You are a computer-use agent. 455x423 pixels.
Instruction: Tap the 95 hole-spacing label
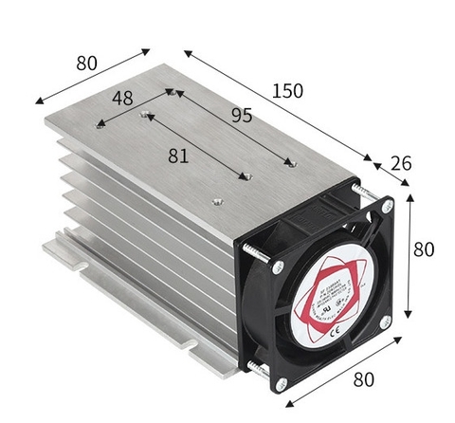[242, 116]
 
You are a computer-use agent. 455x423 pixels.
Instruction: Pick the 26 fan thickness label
[401, 162]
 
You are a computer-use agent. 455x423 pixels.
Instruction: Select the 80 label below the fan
[362, 378]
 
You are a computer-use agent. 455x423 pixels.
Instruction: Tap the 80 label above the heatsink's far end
[87, 64]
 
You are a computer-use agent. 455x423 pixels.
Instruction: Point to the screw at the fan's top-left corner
[277, 267]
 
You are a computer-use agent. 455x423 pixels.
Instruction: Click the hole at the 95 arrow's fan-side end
[292, 162]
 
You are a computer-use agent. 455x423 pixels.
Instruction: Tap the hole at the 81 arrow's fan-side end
[245, 176]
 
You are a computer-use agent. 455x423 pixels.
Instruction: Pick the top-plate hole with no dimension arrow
[217, 201]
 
